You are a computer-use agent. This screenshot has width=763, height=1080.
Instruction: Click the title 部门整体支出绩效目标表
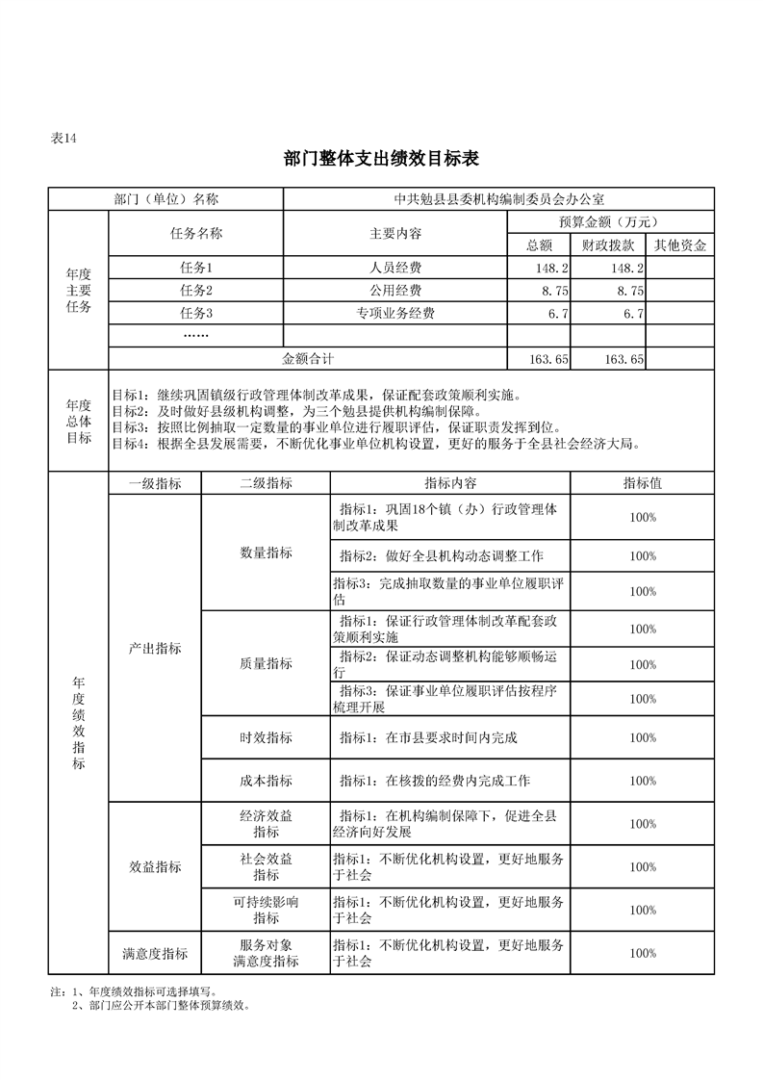[381, 158]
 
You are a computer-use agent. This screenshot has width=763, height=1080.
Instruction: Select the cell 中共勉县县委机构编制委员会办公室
[499, 199]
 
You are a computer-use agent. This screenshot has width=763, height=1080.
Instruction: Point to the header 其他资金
[680, 245]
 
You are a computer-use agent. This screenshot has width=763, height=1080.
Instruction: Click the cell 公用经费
[395, 290]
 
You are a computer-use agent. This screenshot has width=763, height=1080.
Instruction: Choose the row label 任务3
[196, 313]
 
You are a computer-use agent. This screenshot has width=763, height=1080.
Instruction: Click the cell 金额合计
[308, 358]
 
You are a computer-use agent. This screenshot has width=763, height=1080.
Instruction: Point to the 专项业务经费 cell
[395, 313]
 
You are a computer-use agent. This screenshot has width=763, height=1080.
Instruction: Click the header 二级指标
[266, 483]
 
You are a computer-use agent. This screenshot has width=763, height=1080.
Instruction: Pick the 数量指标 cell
[266, 553]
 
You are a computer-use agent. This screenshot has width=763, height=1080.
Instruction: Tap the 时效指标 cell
[266, 737]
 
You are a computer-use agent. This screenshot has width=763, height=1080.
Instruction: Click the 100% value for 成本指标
[643, 781]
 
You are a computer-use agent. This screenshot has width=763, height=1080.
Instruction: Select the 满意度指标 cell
[155, 953]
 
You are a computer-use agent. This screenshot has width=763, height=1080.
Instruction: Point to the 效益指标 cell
[155, 866]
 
